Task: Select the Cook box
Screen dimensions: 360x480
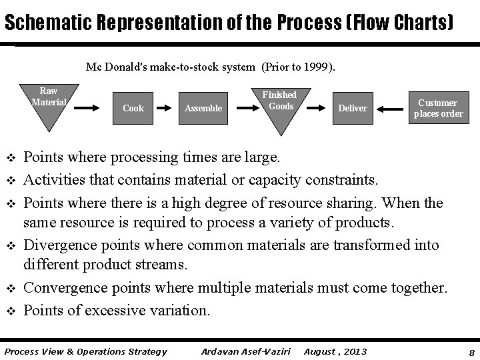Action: pos(133,108)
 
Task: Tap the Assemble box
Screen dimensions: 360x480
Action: pos(203,108)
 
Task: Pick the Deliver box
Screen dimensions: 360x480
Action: pos(353,108)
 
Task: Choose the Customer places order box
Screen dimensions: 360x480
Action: pos(437,108)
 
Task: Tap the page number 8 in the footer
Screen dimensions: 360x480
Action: pos(471,352)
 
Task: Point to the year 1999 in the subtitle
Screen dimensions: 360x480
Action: pos(319,67)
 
